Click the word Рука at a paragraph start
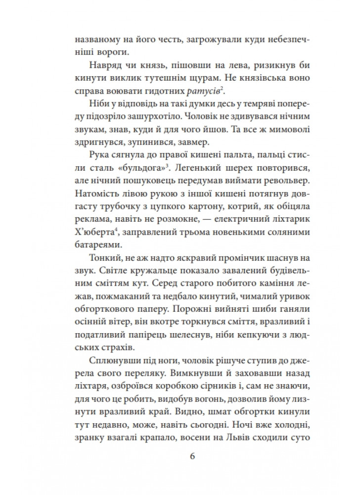point(101,154)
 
